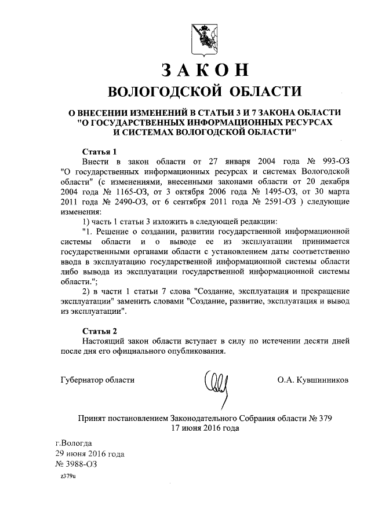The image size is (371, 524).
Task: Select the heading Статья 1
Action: [x=100, y=151]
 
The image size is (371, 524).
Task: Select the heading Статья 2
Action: [x=100, y=331]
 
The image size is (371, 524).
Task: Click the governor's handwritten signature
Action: [x=218, y=386]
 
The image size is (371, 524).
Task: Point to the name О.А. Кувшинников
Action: [x=313, y=380]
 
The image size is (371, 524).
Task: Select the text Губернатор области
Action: [x=97, y=380]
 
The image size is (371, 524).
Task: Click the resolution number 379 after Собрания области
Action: [x=325, y=417]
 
